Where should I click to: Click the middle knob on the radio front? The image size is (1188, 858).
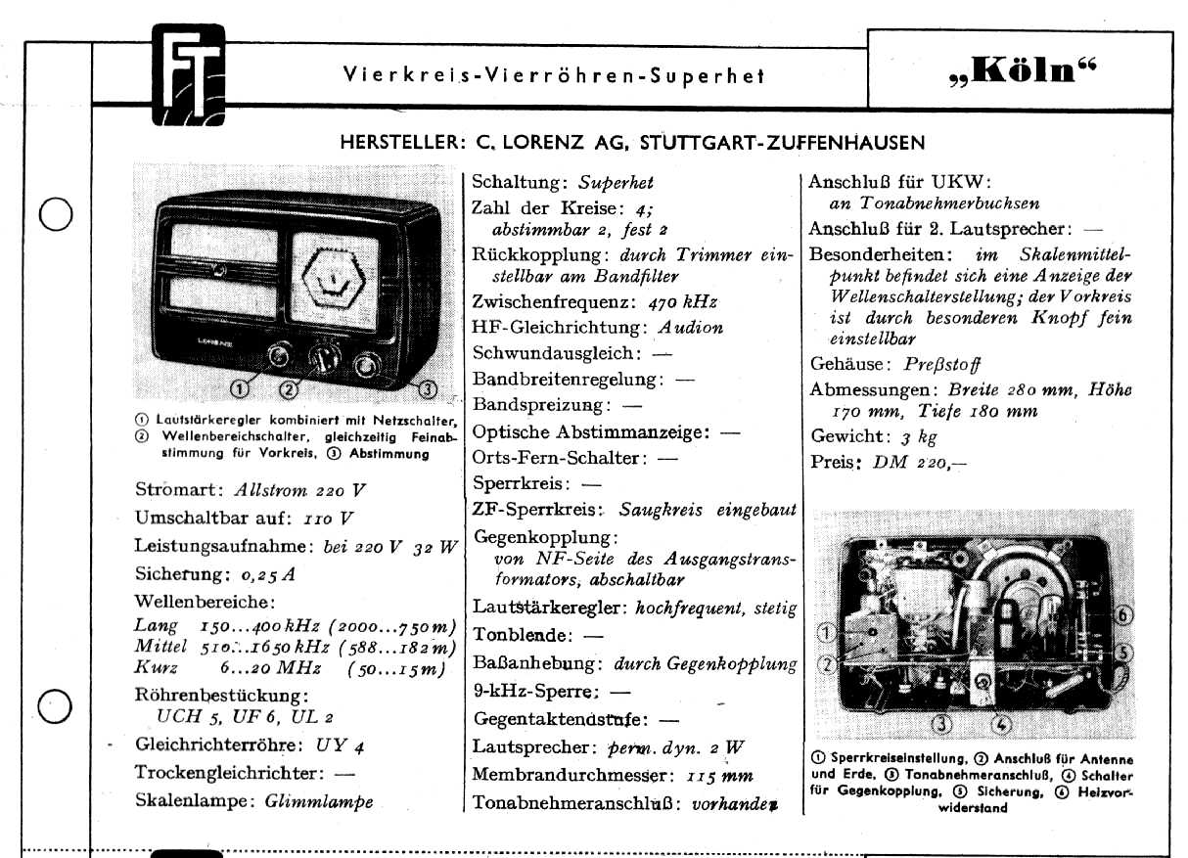322,358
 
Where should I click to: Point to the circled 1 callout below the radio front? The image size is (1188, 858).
239,390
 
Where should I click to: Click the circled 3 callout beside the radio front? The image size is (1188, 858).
427,390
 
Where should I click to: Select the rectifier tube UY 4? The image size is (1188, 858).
346,745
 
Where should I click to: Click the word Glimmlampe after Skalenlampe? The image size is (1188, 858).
319,800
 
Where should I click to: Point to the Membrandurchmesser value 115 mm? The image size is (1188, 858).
718,775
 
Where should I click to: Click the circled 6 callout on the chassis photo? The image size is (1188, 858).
1124,614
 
